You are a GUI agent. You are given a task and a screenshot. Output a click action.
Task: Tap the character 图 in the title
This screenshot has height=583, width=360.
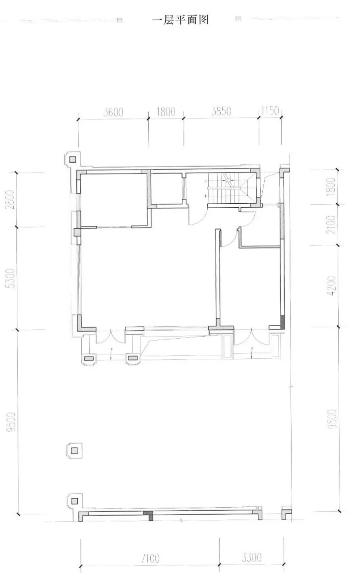(x=202, y=20)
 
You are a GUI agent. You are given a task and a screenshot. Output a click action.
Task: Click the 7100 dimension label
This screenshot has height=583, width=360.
(x=149, y=559)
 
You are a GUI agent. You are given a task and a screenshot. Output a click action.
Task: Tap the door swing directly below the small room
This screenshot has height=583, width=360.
(x=196, y=215)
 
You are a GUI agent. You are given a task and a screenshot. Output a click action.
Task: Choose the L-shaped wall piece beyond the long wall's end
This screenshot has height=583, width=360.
(x=286, y=513)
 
